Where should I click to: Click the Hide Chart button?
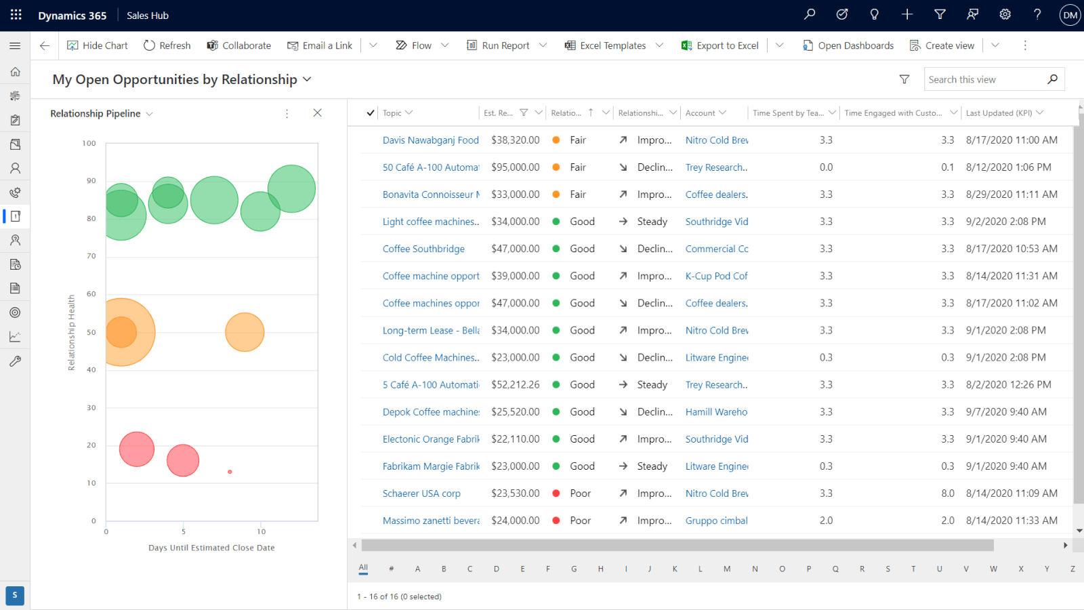[x=98, y=45]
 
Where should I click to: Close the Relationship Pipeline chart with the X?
[x=317, y=113]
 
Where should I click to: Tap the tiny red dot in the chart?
[x=230, y=472]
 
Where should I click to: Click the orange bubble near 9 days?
[x=245, y=332]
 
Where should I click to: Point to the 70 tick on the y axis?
[x=91, y=256]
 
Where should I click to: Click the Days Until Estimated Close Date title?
[x=211, y=548]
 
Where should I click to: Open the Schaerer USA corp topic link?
[x=421, y=493]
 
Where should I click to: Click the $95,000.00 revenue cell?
[x=515, y=167]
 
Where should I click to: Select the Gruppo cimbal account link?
[x=716, y=521]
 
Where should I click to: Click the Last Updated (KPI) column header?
[x=999, y=113]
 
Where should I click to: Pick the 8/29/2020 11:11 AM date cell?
[x=1011, y=195]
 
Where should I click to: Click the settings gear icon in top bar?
[x=1005, y=14]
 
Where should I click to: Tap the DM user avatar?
[x=1070, y=15]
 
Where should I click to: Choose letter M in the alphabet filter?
[x=726, y=569]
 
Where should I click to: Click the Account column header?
[x=701, y=113]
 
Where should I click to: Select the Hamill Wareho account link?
[x=716, y=412]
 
